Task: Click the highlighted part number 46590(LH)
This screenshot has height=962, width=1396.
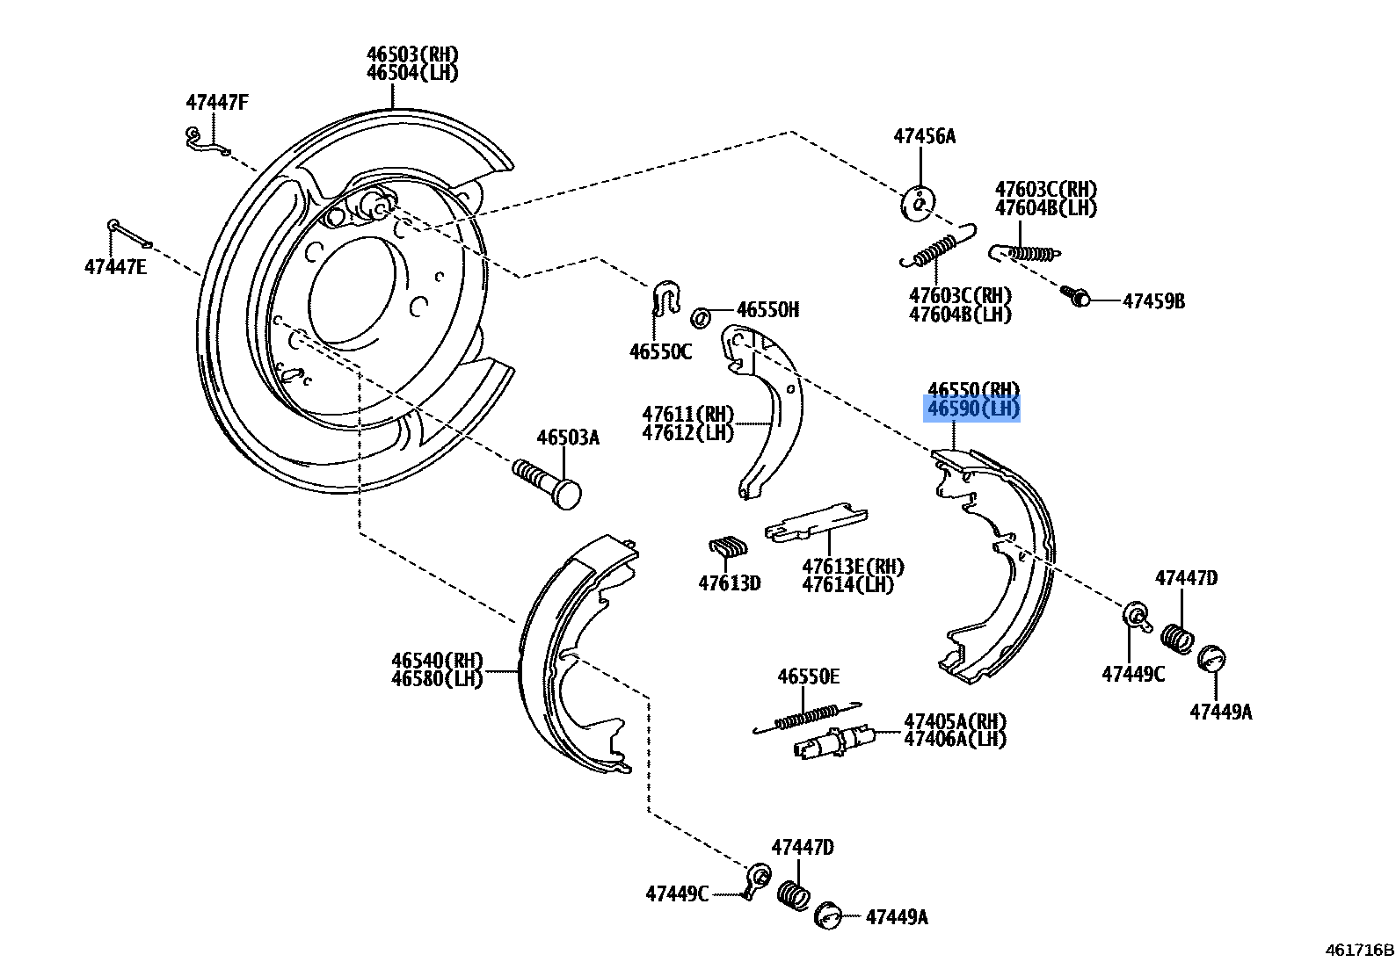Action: click(972, 409)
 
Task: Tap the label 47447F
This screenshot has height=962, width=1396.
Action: click(216, 103)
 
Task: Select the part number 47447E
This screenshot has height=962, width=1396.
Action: click(115, 267)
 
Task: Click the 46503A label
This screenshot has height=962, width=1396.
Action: click(568, 438)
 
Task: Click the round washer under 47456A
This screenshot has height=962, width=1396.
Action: click(917, 204)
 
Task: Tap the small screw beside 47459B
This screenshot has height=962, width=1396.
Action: click(1075, 296)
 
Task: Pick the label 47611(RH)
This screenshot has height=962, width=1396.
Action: click(687, 414)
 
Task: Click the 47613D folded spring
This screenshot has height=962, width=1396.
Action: click(729, 548)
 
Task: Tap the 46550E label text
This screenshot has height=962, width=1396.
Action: click(808, 676)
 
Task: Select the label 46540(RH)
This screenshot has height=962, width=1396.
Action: click(437, 661)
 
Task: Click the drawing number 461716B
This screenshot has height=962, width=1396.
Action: click(1359, 949)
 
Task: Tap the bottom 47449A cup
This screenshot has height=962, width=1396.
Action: click(827, 915)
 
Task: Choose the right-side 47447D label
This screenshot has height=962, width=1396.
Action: click(1186, 578)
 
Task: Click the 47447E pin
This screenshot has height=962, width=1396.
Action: click(129, 235)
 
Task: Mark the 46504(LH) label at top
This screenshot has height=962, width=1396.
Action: click(412, 73)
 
